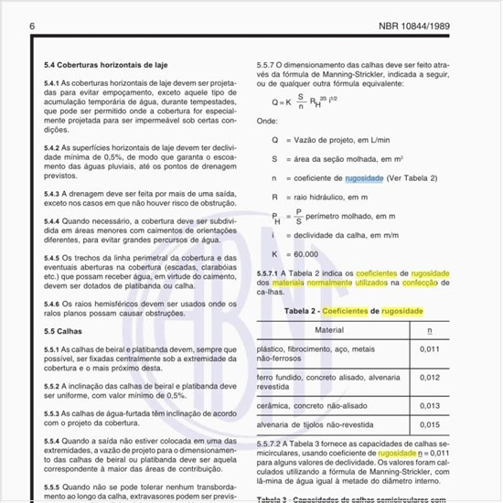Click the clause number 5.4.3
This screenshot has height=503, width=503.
56,194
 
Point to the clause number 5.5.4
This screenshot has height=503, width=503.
57,439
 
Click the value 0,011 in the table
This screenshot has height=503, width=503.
429,348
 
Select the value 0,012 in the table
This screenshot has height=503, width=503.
429,376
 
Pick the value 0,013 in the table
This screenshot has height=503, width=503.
429,404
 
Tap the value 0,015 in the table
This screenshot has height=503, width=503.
429,425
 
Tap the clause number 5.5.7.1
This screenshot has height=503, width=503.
273,273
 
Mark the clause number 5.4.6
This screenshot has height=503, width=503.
56,304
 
